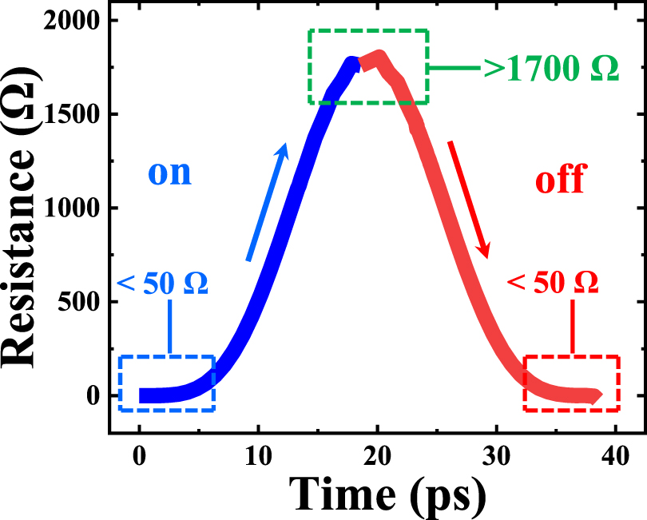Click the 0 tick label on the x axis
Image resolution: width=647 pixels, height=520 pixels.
(x=140, y=451)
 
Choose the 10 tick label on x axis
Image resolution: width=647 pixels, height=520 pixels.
(x=259, y=451)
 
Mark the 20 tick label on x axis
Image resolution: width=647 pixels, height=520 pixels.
(x=378, y=451)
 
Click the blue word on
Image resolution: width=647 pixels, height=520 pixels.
(x=169, y=173)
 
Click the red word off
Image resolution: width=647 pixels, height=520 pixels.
(x=559, y=181)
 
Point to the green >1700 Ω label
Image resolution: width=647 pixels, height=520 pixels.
(x=551, y=69)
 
